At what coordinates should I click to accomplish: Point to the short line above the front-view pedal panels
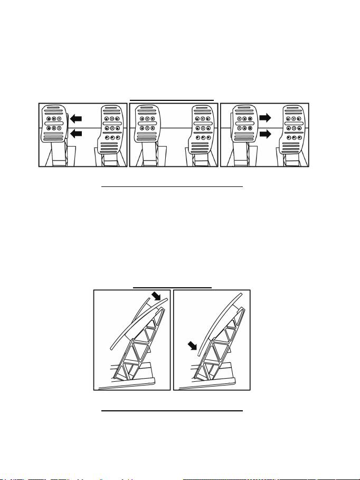173,99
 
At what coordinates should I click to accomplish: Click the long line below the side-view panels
172,410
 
